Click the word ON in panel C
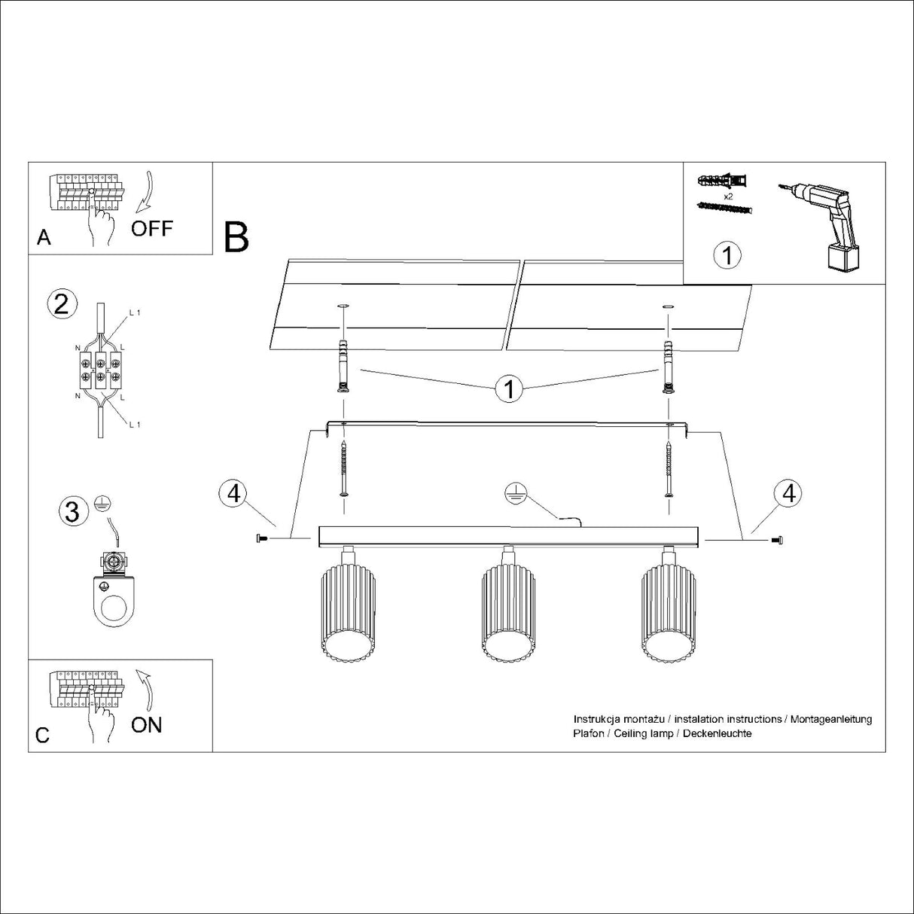point(146,724)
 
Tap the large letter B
point(236,237)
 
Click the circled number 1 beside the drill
point(727,254)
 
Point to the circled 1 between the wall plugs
point(510,389)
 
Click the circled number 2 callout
point(62,303)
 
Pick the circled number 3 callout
point(72,512)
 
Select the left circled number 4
point(234,493)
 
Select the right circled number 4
point(788,493)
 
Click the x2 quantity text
point(727,196)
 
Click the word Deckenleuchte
point(717,733)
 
